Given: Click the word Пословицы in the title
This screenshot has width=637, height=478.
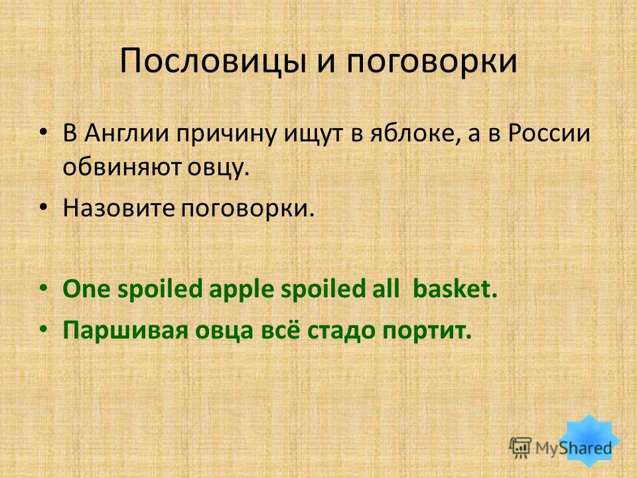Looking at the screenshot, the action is [212, 62].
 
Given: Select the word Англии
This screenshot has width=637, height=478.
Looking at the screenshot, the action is [127, 133].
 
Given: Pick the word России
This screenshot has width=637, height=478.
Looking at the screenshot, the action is [549, 133].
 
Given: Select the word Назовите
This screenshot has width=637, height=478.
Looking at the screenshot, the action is [119, 208].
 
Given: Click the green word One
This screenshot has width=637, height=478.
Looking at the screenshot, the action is [86, 289].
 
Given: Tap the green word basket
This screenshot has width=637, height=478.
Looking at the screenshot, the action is [455, 289].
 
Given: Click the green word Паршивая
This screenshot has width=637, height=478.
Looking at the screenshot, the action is [125, 331].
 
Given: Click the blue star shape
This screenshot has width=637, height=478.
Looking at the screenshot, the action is [589, 441].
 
